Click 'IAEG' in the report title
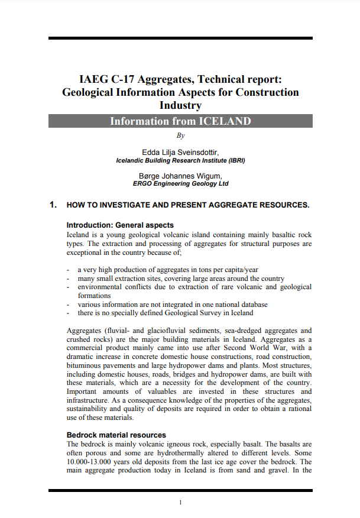click(x=93, y=79)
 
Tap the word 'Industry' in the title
click(x=180, y=105)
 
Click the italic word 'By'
click(x=181, y=135)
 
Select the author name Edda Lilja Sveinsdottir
click(x=180, y=152)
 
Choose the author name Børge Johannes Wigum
click(x=180, y=176)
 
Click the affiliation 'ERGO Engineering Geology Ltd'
click(x=180, y=184)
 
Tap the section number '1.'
click(x=53, y=205)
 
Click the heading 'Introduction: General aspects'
click(x=120, y=225)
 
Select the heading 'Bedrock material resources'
click(x=116, y=435)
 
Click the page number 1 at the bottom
click(x=180, y=502)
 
